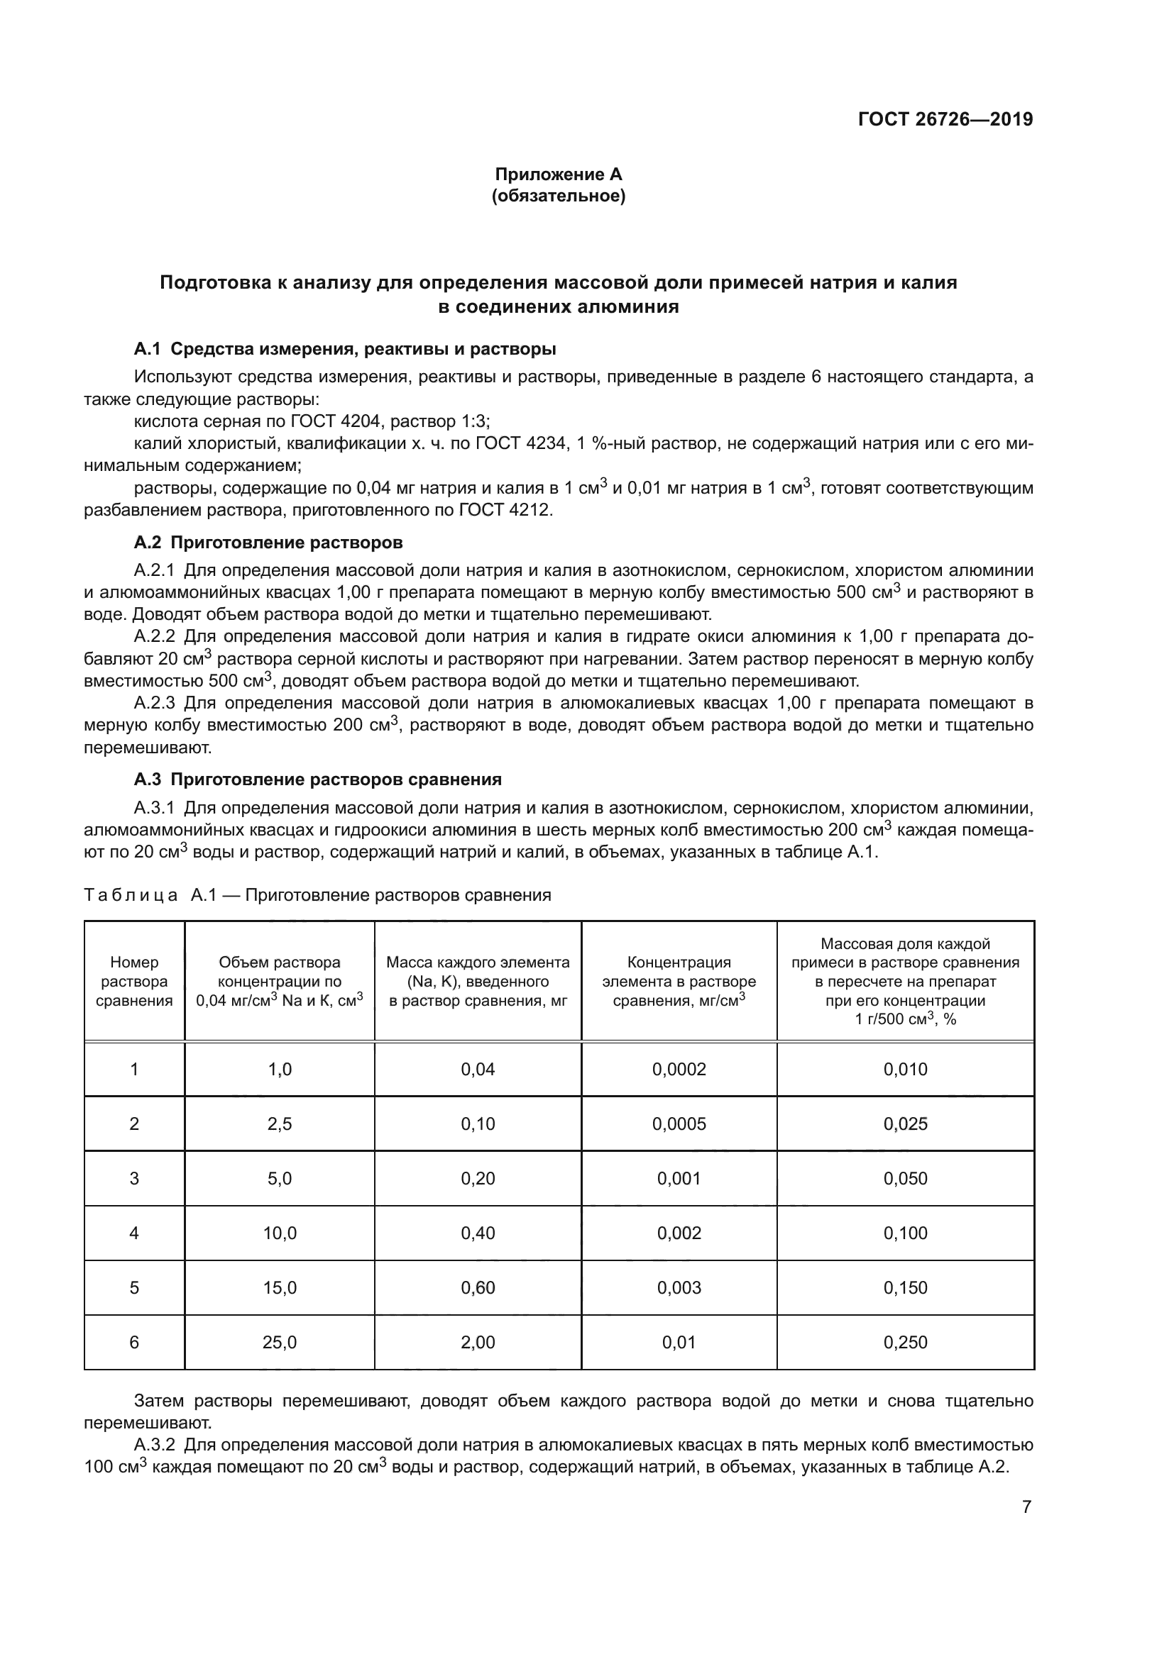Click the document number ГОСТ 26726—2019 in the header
point(945,119)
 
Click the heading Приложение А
point(558,174)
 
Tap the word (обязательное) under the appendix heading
point(558,196)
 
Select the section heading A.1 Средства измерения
point(345,350)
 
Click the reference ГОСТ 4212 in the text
point(505,510)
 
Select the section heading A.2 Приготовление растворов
point(268,543)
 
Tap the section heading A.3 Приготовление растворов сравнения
point(317,779)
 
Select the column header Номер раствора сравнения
point(134,981)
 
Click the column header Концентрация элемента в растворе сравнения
point(679,981)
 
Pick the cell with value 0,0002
point(679,1070)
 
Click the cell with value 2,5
point(280,1123)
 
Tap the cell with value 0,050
point(905,1179)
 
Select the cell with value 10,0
point(280,1233)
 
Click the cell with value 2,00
point(478,1343)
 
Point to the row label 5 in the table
point(134,1287)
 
